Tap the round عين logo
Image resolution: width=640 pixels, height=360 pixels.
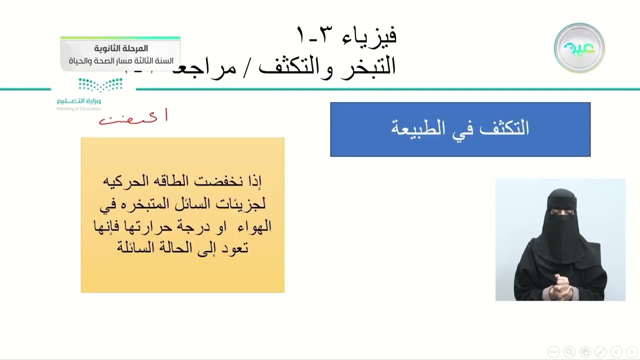pos(579,48)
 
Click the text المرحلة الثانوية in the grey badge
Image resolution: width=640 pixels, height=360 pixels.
pos(121,48)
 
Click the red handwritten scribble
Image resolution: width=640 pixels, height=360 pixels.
pos(133,118)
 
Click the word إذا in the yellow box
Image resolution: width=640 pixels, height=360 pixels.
pos(254,181)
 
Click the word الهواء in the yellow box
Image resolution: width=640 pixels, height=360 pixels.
pos(253,226)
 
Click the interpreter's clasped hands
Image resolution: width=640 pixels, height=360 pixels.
pos(559,286)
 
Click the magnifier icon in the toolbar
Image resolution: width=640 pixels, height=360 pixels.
pos(569,351)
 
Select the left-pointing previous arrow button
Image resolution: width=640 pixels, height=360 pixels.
pos(617,351)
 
